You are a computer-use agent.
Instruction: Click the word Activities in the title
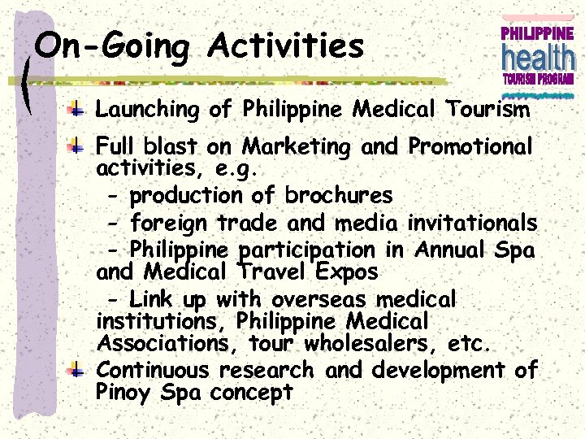pyautogui.click(x=285, y=46)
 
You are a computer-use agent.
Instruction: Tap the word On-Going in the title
pyautogui.click(x=112, y=46)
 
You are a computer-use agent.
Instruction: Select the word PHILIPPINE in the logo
pyautogui.click(x=537, y=34)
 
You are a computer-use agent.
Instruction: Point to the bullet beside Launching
pyautogui.click(x=74, y=109)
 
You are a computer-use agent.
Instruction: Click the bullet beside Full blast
pyautogui.click(x=74, y=147)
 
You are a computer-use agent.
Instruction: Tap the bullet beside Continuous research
pyautogui.click(x=74, y=371)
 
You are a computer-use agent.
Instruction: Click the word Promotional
pyautogui.click(x=470, y=147)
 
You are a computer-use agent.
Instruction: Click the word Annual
pyautogui.click(x=454, y=250)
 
